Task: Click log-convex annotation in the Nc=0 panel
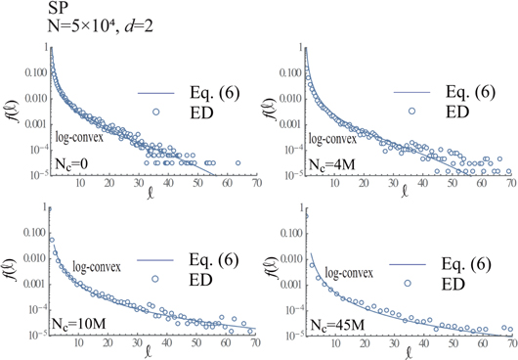pyautogui.click(x=81, y=138)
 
